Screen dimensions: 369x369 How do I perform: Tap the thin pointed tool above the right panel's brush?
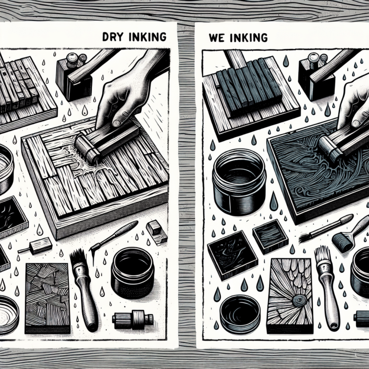[x=322, y=229]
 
